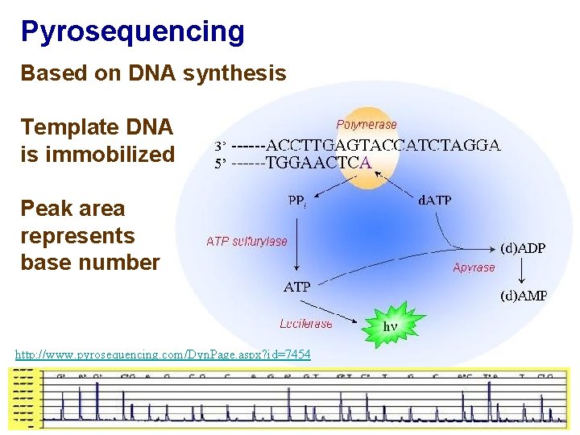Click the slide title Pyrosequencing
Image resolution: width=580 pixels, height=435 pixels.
tap(132, 31)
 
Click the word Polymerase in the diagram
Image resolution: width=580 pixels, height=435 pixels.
tap(367, 125)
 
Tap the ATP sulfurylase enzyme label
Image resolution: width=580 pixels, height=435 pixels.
tap(246, 241)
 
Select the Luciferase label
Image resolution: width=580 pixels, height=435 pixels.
tap(305, 324)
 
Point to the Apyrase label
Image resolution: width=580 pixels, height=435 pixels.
tap(474, 267)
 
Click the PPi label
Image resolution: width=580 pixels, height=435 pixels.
tap(296, 201)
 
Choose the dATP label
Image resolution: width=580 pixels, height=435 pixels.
tap(435, 201)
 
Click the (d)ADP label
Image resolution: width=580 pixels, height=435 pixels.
tap(523, 248)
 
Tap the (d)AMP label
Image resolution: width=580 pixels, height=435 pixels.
tap(524, 296)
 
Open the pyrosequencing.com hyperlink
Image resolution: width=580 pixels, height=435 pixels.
tap(163, 354)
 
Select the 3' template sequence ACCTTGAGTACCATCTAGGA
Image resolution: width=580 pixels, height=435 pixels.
tap(383, 146)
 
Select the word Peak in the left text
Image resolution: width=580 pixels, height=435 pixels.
tap(45, 209)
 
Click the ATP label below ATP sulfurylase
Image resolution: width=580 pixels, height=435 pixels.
tap(296, 286)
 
